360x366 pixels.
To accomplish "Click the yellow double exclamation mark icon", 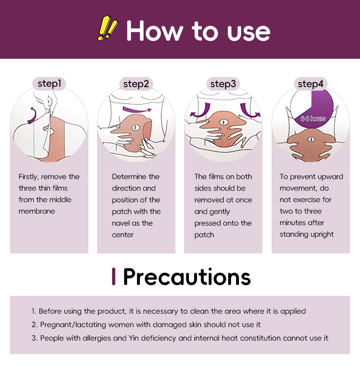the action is click(x=108, y=28).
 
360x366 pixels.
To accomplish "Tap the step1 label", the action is click(x=49, y=83).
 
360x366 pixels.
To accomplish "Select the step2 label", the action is click(x=136, y=84).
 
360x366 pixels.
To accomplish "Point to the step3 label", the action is click(x=223, y=84).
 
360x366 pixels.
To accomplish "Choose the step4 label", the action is click(x=310, y=84).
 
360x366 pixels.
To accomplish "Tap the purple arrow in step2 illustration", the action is click(x=137, y=109).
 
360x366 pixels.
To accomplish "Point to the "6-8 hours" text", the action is click(x=313, y=119).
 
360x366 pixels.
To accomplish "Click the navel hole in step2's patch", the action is click(x=135, y=128).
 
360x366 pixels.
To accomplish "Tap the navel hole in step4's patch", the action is click(x=311, y=139).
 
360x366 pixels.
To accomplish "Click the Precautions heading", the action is click(x=187, y=277).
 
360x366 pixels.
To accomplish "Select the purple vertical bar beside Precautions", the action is click(x=113, y=276).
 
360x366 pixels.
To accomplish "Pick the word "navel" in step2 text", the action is click(x=121, y=223).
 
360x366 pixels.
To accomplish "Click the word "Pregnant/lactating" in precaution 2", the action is click(x=73, y=325).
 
